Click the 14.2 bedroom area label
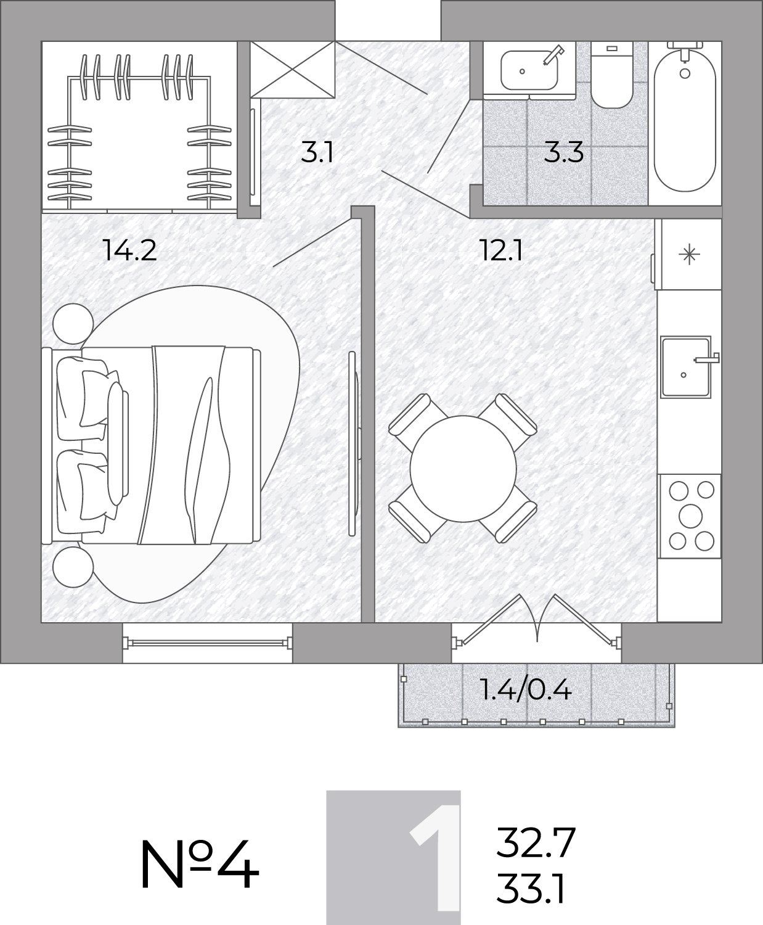point(129,251)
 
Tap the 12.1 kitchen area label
point(501,251)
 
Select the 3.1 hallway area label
point(317,152)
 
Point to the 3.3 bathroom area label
point(564,152)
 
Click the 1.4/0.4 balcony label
point(526,690)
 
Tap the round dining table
point(463,469)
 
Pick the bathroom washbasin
point(529,70)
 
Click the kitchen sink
point(686,367)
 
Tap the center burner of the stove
point(691,516)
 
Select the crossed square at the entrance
point(292,70)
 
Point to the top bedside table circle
point(73,323)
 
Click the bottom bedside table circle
point(73,567)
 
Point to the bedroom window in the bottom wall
point(207,643)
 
